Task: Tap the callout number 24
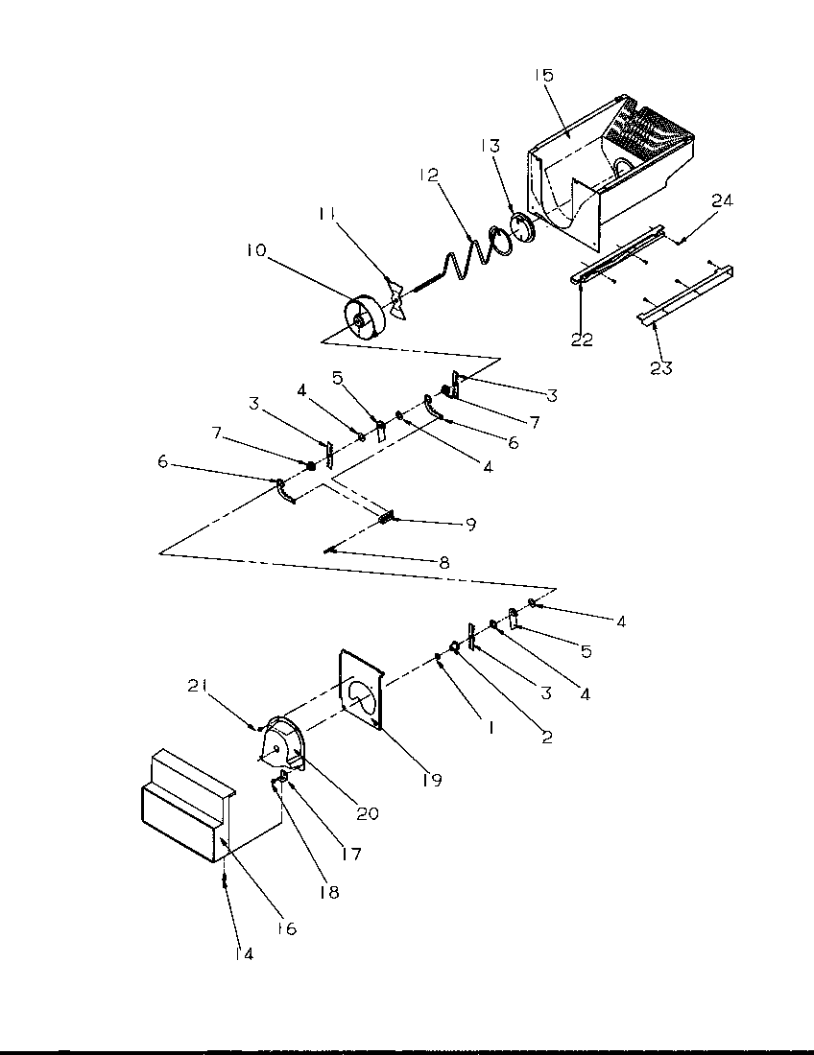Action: [722, 200]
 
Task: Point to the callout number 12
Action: [428, 175]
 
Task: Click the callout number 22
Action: [582, 339]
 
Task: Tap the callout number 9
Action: [470, 524]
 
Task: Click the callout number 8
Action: [443, 563]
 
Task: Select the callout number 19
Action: [430, 780]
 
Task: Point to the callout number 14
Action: [243, 954]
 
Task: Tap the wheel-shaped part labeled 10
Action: [363, 317]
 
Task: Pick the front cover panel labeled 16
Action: [182, 815]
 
